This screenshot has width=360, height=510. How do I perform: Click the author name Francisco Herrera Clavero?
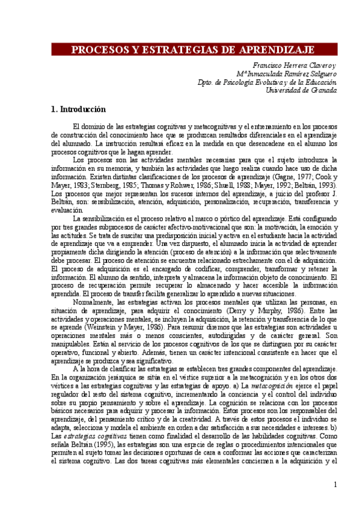coord(294,66)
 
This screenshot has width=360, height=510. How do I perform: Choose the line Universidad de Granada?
coord(301,90)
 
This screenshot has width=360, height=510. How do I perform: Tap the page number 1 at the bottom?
coord(335,484)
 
